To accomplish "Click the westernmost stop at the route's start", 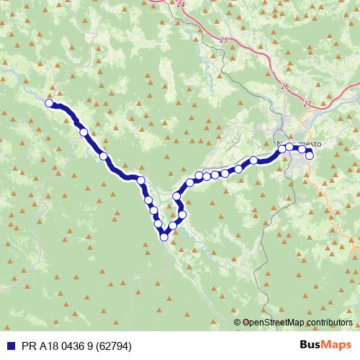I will tap(50, 103).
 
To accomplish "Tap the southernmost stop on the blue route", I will tap(164, 235).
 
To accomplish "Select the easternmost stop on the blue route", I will tap(310, 155).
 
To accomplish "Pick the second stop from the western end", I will tap(84, 132).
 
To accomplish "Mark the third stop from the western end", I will tap(104, 156).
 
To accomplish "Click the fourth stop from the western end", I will tap(141, 180).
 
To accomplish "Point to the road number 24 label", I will tap(180, 4).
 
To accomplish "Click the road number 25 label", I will tap(224, 40).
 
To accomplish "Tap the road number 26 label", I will tap(285, 86).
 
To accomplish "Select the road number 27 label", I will tap(307, 104).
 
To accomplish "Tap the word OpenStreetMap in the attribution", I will tap(274, 323).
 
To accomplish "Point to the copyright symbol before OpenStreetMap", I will tap(238, 323).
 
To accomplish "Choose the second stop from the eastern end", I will tap(302, 148).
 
